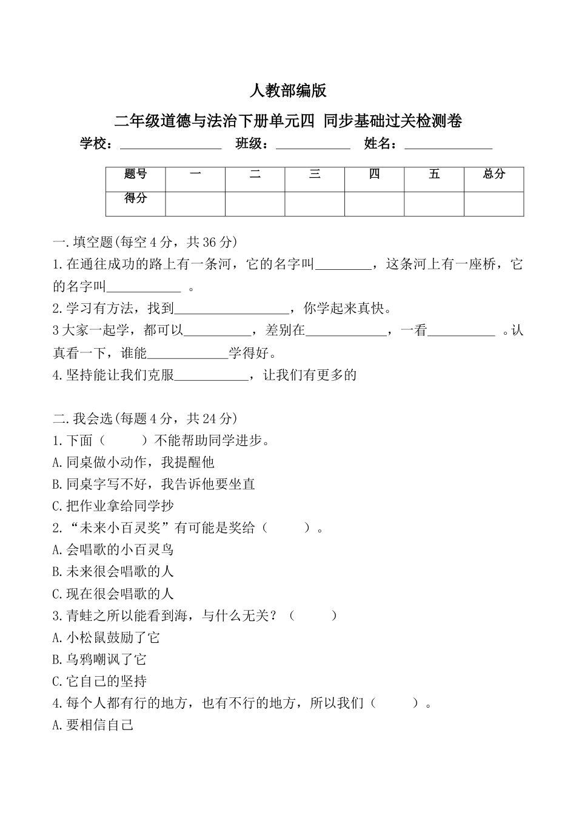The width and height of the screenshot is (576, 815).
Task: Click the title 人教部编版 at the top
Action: (288, 91)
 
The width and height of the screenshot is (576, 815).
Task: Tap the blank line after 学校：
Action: (171, 146)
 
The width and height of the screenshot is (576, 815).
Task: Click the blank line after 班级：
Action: (313, 146)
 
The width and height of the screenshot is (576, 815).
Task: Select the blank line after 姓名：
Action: (448, 146)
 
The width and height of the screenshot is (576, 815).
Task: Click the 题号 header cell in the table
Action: (136, 175)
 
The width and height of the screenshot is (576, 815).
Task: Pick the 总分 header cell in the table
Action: (494, 175)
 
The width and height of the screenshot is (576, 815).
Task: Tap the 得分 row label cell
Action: (136, 199)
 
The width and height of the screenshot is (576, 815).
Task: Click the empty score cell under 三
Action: (315, 204)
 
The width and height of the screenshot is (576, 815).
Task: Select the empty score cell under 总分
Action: (494, 204)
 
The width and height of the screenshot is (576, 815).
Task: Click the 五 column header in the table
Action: (434, 175)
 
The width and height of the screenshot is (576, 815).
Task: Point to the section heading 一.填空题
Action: (145, 242)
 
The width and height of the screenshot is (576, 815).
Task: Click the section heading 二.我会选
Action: (145, 418)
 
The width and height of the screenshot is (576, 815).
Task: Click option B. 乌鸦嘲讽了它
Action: (99, 660)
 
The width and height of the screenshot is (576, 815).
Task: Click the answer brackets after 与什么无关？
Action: (313, 616)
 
